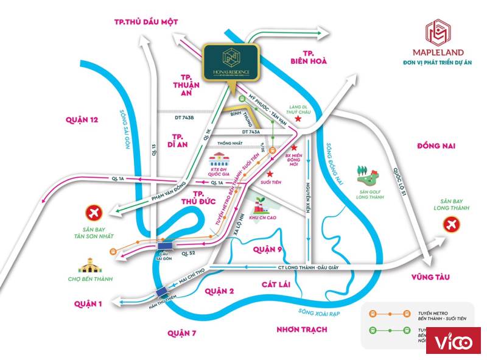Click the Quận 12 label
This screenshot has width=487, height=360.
82,119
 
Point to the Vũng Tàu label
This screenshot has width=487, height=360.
430,277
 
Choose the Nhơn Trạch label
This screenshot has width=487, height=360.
301,329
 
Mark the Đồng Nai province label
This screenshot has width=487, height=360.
436,146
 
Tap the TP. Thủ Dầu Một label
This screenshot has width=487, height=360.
146,21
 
